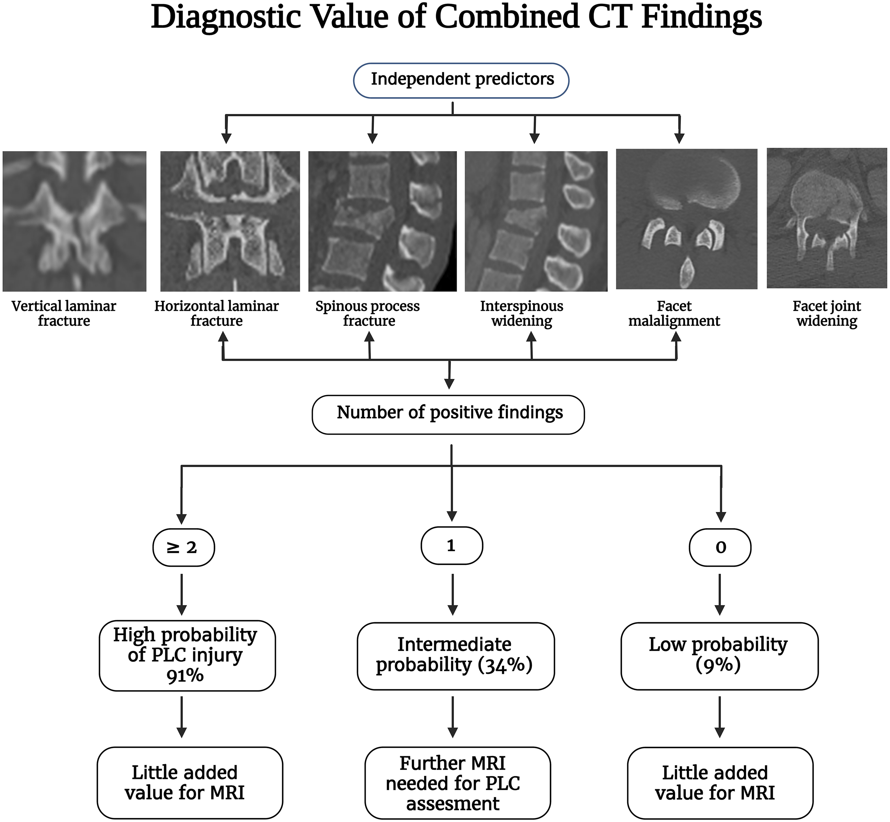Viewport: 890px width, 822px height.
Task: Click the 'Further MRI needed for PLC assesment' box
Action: click(457, 783)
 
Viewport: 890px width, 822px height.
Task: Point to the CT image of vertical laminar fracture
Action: click(74, 221)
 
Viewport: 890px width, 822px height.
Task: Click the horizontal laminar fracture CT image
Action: click(230, 221)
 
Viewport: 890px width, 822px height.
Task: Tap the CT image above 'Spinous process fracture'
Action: click(383, 221)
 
